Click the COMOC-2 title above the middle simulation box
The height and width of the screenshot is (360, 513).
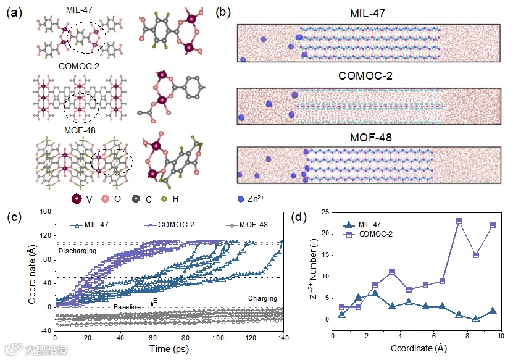pos(369,76)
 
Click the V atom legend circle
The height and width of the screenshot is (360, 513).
pos(77,199)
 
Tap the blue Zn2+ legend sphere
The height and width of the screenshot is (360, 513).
pos(241,199)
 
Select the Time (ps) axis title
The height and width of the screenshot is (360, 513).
pos(169,350)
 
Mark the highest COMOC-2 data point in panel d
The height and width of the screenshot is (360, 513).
pos(459,220)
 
